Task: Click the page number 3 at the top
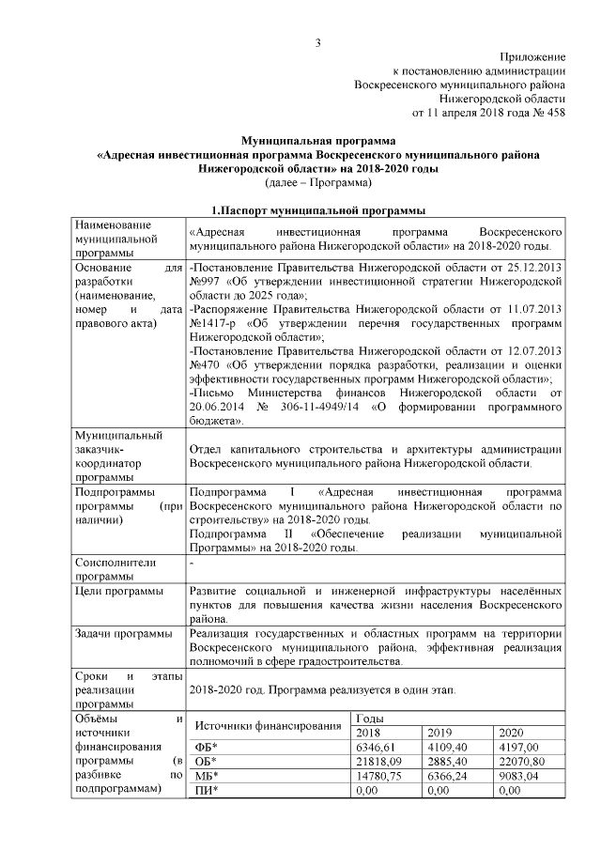[x=318, y=42]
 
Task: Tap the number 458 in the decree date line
[x=554, y=113]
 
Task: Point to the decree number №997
[x=206, y=280]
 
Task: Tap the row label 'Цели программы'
[x=118, y=592]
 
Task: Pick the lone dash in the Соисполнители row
[x=191, y=563]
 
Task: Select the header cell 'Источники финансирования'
[x=267, y=725]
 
